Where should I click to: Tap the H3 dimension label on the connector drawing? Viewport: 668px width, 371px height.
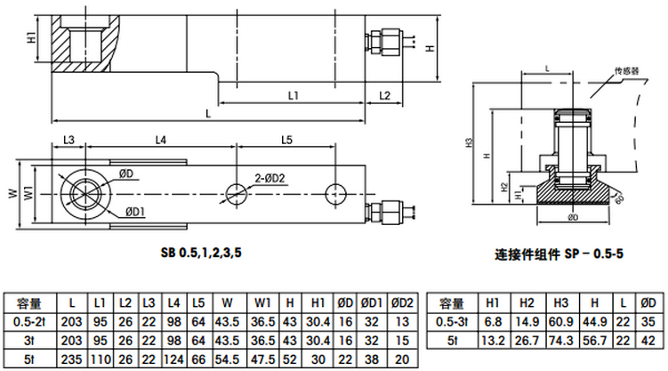click(469, 143)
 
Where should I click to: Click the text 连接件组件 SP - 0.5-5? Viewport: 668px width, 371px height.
click(559, 254)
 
